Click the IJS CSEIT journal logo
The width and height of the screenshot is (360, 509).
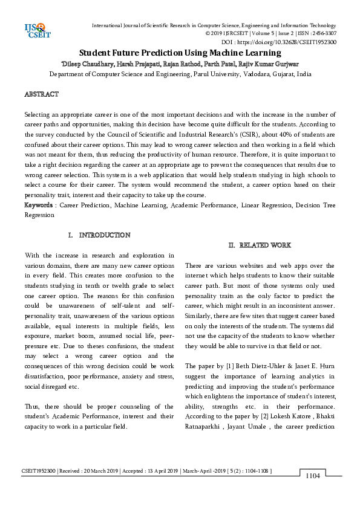(x=36, y=30)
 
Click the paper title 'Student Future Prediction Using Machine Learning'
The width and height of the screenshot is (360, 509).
(x=180, y=53)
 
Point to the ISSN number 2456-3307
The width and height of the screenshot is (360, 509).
(x=324, y=34)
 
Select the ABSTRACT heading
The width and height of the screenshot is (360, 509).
(x=41, y=95)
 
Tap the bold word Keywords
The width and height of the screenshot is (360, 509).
(x=38, y=205)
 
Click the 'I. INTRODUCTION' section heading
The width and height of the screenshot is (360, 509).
(x=99, y=235)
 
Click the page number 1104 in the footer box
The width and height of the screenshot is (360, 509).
(x=312, y=476)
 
